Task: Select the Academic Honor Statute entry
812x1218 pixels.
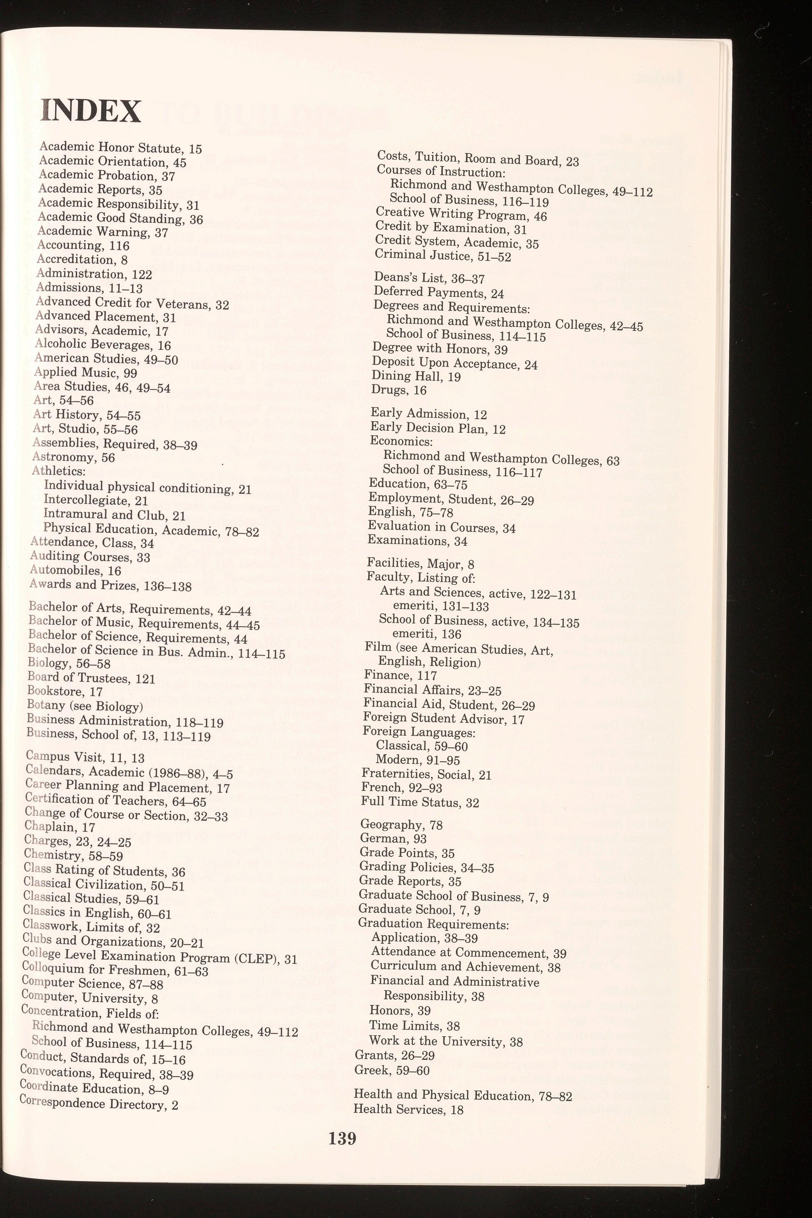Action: pos(120,148)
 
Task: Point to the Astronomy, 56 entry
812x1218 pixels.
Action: pos(73,457)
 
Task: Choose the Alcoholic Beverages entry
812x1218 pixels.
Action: pos(102,344)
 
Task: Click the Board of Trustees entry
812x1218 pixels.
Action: pos(91,678)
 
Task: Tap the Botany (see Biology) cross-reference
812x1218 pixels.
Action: pos(85,706)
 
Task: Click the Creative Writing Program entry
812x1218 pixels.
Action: pos(461,214)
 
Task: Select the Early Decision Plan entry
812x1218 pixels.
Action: pos(438,428)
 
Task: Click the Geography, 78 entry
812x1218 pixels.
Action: pos(401,824)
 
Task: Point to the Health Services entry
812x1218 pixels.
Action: pos(408,1109)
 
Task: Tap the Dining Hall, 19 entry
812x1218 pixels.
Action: pos(416,376)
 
